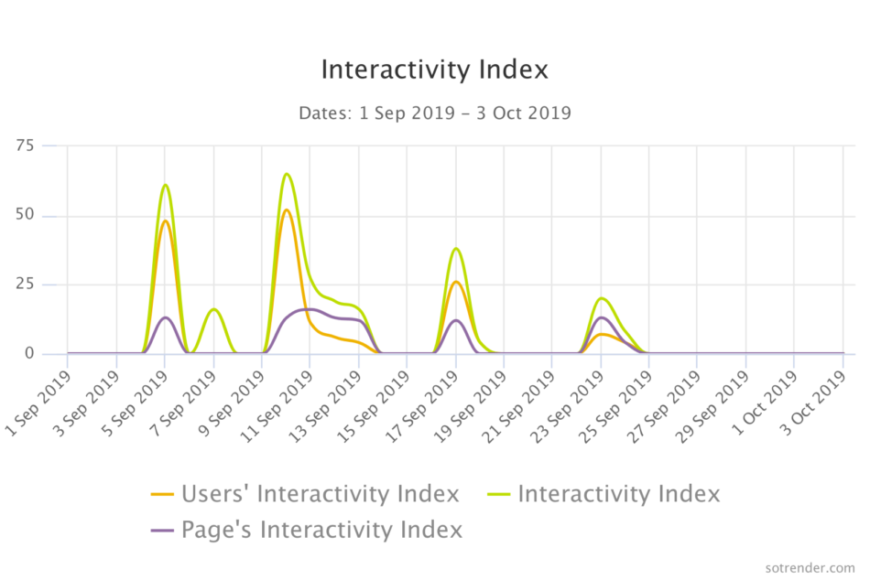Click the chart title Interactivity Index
point(434,70)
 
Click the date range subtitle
point(434,113)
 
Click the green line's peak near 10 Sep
point(287,174)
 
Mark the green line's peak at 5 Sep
point(165,185)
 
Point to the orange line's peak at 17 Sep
point(456,282)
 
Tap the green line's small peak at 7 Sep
point(213,309)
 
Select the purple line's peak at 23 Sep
point(601,317)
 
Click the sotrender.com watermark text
point(810,567)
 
